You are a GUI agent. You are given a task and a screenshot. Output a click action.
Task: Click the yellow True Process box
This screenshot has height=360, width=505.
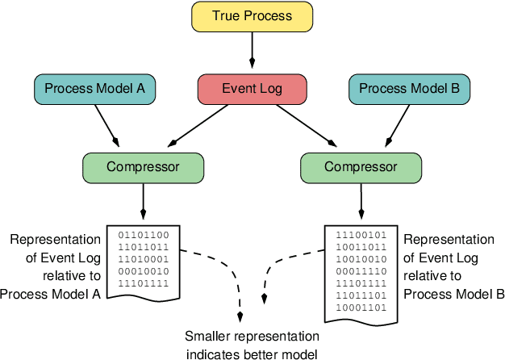(252, 16)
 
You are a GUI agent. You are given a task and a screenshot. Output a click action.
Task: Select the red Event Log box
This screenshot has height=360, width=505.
(252, 88)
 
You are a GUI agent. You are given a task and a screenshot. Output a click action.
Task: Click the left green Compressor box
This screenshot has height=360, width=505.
(143, 167)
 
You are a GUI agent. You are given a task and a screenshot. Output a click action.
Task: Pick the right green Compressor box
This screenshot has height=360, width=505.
(361, 167)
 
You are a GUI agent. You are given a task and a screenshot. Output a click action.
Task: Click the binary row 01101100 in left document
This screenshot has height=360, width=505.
(144, 235)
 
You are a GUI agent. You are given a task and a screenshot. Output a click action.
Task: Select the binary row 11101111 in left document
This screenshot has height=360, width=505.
(144, 283)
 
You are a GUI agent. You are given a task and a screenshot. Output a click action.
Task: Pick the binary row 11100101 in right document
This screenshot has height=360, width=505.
(361, 235)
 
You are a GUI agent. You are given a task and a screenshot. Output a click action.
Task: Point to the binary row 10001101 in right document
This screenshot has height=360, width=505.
(361, 308)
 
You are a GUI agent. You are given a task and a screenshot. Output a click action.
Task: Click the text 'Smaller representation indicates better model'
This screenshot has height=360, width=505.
(252, 344)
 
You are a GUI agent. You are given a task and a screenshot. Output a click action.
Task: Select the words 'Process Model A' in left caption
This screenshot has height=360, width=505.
(50, 294)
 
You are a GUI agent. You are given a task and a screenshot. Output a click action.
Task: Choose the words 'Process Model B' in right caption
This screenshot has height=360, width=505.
(454, 294)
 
